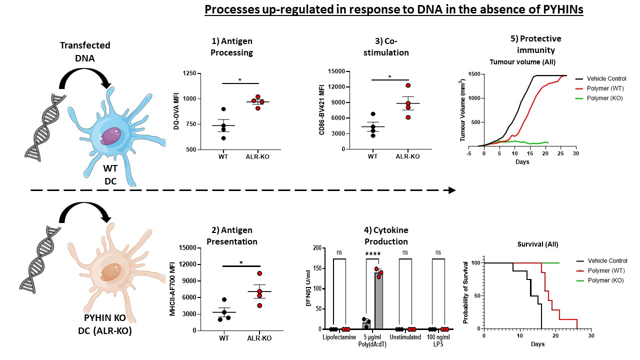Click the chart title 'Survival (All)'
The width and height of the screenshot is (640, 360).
click(x=537, y=244)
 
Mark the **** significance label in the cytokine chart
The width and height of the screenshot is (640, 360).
click(x=373, y=254)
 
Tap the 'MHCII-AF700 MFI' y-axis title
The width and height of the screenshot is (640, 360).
click(x=173, y=289)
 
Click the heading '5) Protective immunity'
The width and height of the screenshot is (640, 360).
click(x=534, y=44)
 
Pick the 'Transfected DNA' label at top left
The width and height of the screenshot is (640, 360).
click(x=85, y=51)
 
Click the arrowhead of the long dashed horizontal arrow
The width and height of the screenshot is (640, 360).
click(x=452, y=190)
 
